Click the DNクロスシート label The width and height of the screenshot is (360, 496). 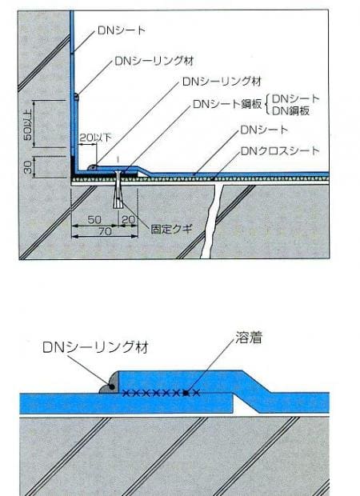[280, 151]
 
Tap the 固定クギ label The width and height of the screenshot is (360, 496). [171, 229]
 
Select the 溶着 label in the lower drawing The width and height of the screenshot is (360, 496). [249, 338]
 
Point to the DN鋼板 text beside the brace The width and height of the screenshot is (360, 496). [291, 111]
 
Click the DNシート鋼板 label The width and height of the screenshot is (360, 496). [227, 104]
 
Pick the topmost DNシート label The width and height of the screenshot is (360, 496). [121, 30]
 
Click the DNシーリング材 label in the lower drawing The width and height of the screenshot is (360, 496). [95, 347]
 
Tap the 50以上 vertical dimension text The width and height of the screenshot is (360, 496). [28, 124]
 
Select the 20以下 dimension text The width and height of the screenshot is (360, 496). [95, 138]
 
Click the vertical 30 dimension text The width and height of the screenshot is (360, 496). [28, 167]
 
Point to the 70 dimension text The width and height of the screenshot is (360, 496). [105, 231]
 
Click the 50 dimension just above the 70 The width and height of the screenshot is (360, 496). [94, 220]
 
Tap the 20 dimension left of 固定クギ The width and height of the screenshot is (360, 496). [128, 220]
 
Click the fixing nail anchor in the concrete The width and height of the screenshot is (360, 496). [118, 190]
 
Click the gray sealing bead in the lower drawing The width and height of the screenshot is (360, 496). [109, 384]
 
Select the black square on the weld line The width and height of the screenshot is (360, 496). [186, 393]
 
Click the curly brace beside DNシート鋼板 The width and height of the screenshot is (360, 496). [267, 105]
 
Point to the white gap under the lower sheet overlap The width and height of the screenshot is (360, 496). [246, 408]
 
